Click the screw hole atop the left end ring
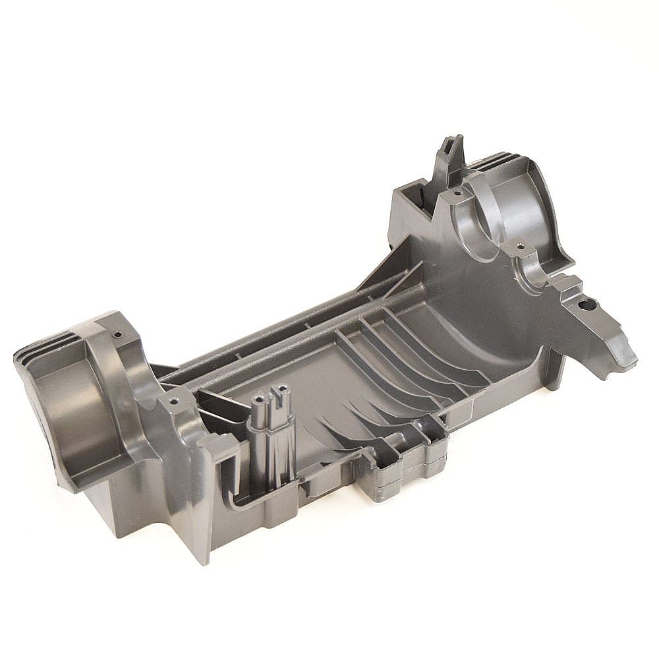tap(117, 334)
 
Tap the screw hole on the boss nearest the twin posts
tap(174, 400)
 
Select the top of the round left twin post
tap(259, 398)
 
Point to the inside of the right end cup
tap(521, 211)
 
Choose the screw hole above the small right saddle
tap(521, 247)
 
